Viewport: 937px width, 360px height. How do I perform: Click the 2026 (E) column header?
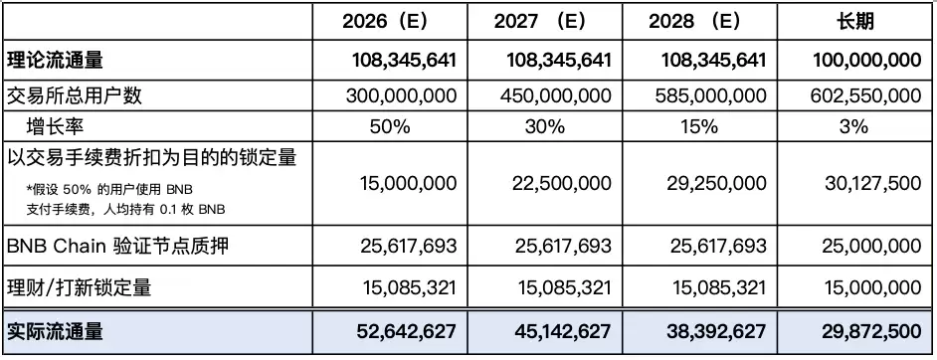pos(384,22)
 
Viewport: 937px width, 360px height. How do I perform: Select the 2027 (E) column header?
pos(539,22)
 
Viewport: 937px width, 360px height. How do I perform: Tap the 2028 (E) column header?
pos(693,22)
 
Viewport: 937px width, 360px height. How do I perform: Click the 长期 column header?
pos(855,22)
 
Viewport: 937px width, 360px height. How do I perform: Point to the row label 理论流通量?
pos(55,61)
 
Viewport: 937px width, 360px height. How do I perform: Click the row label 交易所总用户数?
pos(74,95)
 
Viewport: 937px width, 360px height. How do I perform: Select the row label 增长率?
pos(55,126)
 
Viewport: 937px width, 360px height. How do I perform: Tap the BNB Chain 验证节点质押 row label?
pos(117,246)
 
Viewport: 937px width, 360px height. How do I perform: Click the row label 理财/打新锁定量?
pos(79,288)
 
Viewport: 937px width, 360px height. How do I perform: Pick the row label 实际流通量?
pos(55,331)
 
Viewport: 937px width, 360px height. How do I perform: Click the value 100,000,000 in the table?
pos(867,61)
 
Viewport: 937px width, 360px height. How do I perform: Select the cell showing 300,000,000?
pos(401,95)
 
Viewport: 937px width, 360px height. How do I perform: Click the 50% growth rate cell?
pos(390,126)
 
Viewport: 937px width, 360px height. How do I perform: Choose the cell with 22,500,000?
pos(562,183)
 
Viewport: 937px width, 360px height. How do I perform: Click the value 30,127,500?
pos(871,183)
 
